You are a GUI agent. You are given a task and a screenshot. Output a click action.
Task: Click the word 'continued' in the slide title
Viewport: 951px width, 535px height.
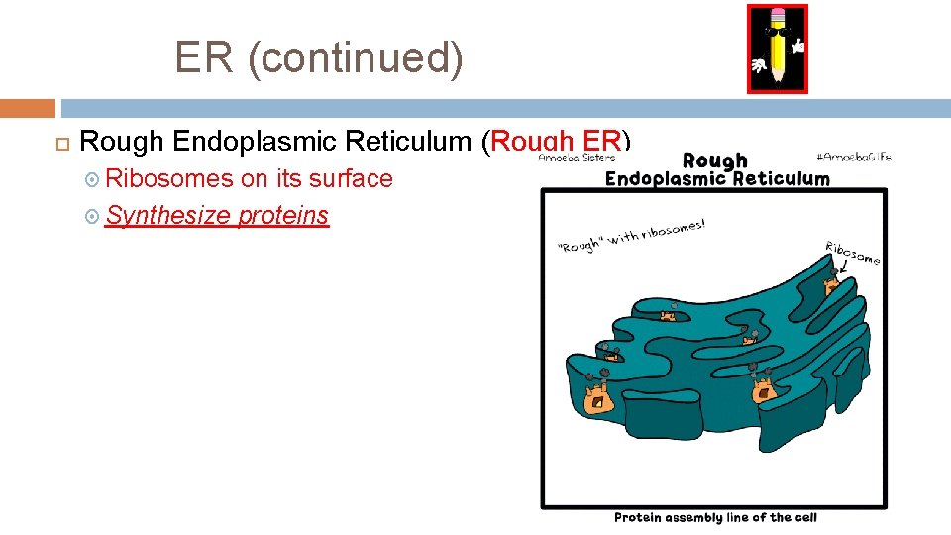(356, 57)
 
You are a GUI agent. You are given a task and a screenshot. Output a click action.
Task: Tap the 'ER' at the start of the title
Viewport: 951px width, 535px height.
(205, 57)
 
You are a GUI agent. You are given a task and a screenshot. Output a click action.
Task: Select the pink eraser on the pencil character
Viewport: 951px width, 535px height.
(778, 17)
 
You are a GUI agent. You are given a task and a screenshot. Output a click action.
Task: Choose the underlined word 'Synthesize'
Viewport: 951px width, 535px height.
(167, 215)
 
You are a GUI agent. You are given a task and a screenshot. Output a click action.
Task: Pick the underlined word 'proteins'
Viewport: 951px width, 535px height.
(283, 215)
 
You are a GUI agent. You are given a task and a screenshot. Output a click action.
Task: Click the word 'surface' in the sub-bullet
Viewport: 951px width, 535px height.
(351, 179)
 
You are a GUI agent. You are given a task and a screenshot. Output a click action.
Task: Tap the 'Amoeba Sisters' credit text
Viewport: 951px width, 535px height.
(577, 157)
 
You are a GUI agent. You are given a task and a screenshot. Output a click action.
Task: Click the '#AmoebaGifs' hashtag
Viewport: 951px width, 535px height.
(854, 157)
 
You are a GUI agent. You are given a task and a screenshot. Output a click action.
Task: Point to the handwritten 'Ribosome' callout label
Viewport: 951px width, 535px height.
(851, 252)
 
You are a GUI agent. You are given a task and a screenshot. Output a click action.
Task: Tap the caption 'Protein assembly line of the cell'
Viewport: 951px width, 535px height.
(714, 518)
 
